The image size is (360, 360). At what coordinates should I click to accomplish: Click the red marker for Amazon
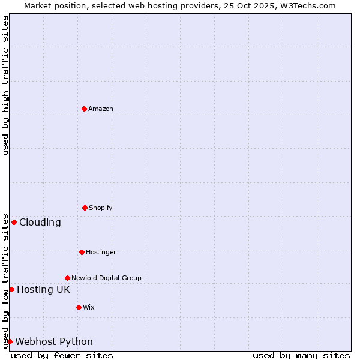[x=85, y=109]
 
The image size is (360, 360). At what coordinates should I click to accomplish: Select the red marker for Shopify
[x=85, y=208]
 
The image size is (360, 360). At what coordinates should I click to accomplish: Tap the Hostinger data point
[x=82, y=252]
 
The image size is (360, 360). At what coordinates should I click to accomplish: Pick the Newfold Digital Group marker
[x=67, y=278]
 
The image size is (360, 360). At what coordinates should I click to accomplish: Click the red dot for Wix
[x=79, y=307]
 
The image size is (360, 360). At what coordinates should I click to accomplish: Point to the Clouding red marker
[x=14, y=222]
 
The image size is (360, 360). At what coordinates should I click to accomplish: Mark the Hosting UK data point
[x=11, y=289]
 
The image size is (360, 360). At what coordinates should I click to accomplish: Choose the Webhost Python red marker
[x=10, y=341]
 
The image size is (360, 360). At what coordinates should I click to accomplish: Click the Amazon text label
[x=101, y=109]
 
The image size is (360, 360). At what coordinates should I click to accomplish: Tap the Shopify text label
[x=101, y=208]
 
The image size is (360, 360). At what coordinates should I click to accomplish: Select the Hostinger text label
[x=101, y=252]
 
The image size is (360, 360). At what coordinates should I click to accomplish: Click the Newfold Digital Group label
[x=106, y=278]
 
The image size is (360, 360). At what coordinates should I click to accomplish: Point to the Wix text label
[x=89, y=307]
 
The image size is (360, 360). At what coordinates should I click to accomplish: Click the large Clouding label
[x=40, y=222]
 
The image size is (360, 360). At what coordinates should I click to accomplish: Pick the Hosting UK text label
[x=43, y=289]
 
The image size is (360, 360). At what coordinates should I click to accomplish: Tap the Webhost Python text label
[x=54, y=341]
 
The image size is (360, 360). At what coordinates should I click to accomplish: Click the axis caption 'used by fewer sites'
[x=62, y=355]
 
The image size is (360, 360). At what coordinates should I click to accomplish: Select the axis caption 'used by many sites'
[x=301, y=355]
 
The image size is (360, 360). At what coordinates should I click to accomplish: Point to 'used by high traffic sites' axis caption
[x=5, y=85]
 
